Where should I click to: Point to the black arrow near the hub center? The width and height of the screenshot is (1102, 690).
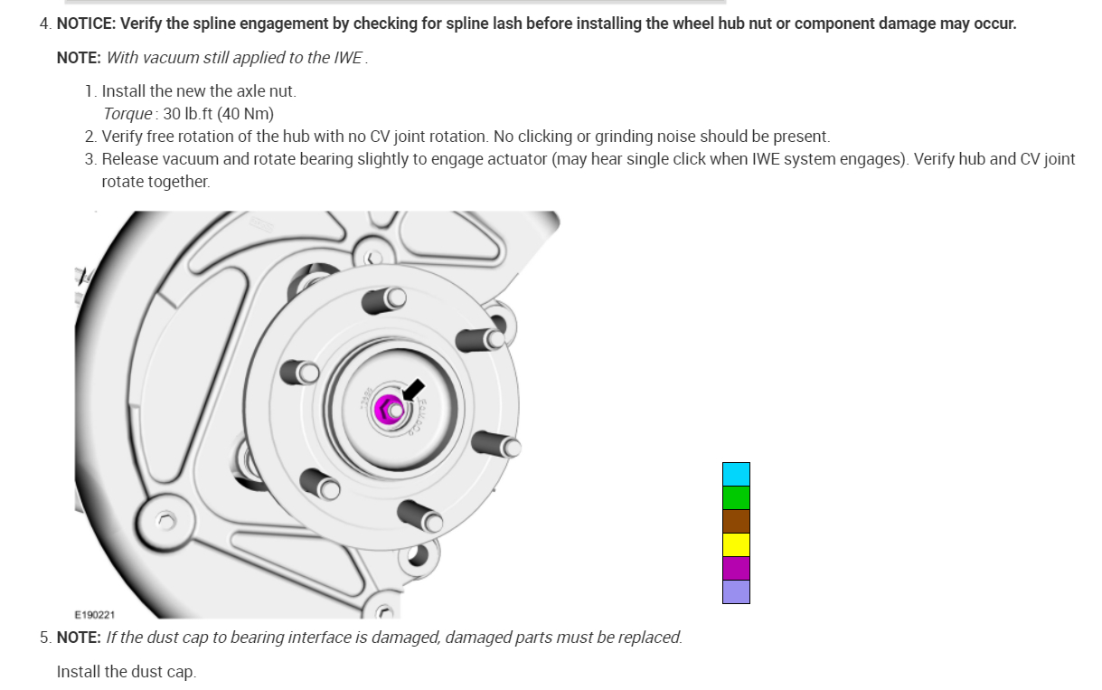[413, 390]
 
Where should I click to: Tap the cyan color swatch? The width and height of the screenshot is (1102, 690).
[736, 474]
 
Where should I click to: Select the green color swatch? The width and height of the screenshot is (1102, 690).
[736, 497]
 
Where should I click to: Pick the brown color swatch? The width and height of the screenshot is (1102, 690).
[736, 521]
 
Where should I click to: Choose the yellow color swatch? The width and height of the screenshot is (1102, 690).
[736, 544]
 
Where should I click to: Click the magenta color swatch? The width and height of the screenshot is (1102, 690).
[736, 568]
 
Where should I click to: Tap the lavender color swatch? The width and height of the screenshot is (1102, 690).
[736, 591]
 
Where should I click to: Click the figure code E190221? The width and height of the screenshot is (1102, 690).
[95, 615]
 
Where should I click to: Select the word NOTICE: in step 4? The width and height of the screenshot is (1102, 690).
[90, 24]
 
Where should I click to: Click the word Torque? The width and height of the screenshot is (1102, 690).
[127, 114]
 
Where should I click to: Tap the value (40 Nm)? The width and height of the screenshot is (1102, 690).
[245, 114]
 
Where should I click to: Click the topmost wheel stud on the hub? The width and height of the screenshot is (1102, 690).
[386, 298]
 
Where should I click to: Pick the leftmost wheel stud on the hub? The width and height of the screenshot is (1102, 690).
[300, 372]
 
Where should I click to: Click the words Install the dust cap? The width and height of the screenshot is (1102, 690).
[126, 672]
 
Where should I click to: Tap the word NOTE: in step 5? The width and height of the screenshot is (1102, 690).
[79, 638]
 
